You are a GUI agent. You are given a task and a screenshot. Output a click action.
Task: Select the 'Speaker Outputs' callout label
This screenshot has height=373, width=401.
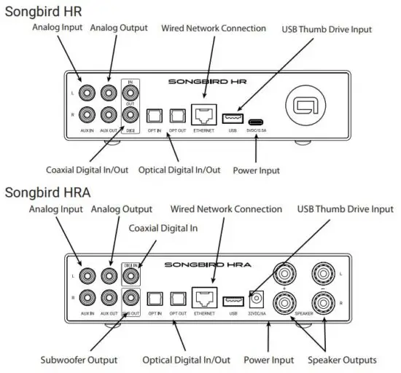341,360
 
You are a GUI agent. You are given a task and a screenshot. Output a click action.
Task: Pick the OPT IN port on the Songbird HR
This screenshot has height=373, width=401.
154,117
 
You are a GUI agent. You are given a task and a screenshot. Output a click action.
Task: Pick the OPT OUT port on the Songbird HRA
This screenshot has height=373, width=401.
177,299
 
